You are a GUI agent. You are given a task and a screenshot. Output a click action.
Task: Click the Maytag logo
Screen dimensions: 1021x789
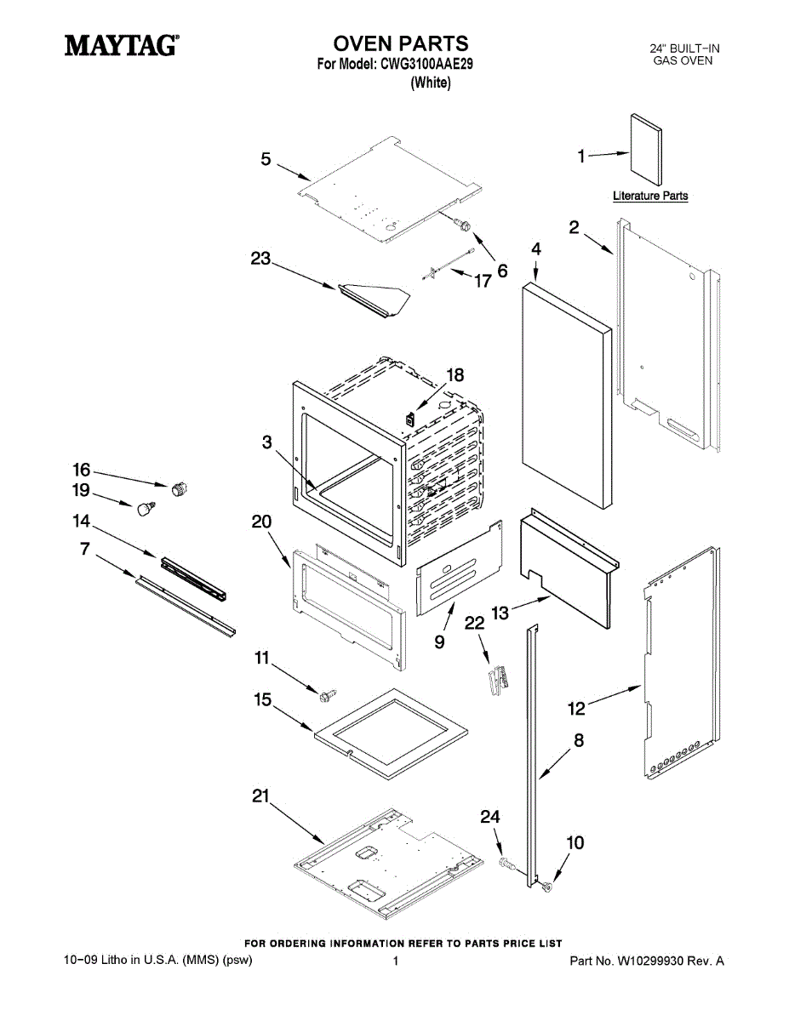tap(121, 45)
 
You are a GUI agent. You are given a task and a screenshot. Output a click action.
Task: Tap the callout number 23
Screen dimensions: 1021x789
tap(260, 260)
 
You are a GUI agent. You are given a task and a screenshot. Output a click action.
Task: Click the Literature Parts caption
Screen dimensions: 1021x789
tap(650, 197)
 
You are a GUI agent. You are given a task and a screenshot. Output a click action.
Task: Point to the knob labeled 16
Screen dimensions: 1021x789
tap(179, 488)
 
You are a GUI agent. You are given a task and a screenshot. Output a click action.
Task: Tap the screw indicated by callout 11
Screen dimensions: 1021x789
tap(325, 695)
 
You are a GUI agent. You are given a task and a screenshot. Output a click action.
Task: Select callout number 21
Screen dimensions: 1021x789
tap(260, 797)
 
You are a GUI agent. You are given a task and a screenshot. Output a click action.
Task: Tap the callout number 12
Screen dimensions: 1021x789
tap(577, 707)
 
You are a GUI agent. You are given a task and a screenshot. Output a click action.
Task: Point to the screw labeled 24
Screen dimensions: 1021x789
tap(507, 864)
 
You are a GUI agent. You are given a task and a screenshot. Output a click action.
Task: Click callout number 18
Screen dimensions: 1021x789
tap(455, 374)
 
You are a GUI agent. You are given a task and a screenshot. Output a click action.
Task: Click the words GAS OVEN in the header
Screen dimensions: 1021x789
tap(683, 61)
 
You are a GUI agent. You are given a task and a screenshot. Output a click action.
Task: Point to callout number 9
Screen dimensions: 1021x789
tap(439, 642)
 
